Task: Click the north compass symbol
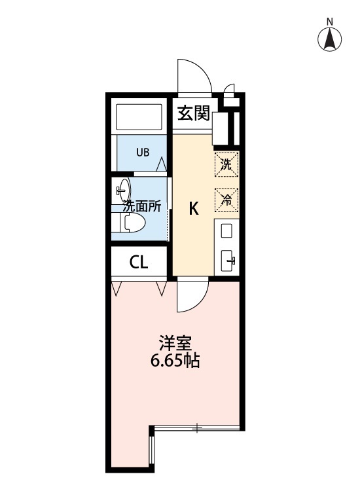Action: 331,40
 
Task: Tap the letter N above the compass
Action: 331,21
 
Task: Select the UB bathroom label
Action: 142,153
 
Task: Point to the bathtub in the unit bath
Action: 139,117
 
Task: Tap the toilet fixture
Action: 129,225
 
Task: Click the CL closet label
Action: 139,263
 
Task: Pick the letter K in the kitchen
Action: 194,208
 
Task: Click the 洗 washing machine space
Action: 226,164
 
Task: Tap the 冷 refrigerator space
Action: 226,200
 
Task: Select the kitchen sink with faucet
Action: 228,261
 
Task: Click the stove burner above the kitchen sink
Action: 226,231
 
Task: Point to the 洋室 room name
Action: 175,343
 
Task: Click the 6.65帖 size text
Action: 175,361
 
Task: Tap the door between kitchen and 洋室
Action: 192,295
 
